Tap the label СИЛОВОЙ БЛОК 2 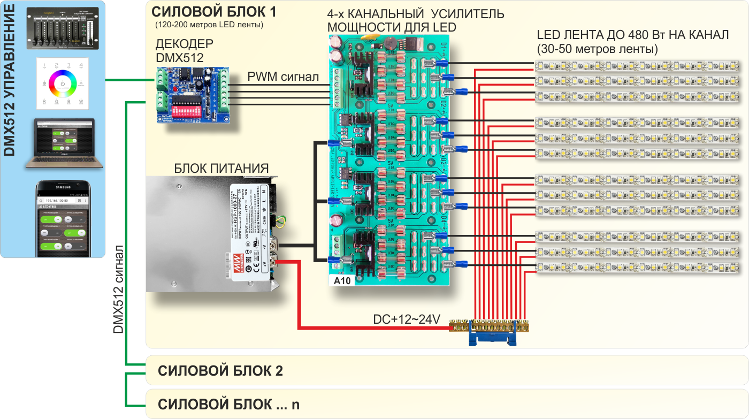220,371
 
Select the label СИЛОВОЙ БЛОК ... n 229,404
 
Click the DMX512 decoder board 192,96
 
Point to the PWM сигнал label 283,77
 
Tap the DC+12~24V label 406,319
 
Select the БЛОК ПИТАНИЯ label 221,169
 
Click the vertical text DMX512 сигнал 119,289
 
